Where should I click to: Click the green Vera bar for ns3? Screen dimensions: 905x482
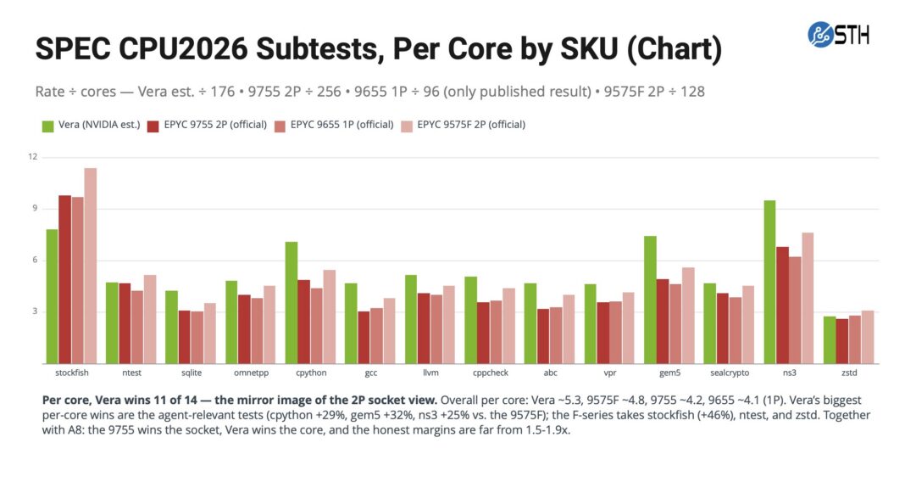pyautogui.click(x=769, y=282)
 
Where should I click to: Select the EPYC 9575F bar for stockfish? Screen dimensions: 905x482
pyautogui.click(x=91, y=266)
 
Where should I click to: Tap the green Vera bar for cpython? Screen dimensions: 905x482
pyautogui.click(x=291, y=303)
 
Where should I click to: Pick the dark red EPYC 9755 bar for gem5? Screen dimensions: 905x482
pyautogui.click(x=663, y=322)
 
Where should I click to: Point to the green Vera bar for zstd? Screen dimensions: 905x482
pyautogui.click(x=830, y=339)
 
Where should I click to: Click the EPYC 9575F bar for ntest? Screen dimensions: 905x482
pyautogui.click(x=150, y=320)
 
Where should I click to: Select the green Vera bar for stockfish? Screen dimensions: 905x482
pyautogui.click(x=52, y=296)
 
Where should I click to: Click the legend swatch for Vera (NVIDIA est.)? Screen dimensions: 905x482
pyautogui.click(x=48, y=126)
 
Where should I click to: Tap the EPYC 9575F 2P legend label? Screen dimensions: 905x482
pyautogui.click(x=471, y=125)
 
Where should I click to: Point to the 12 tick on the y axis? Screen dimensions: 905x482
pyautogui.click(x=32, y=157)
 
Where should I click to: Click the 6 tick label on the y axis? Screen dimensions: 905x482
pyautogui.click(x=35, y=260)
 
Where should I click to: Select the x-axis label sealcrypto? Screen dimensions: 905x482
pyautogui.click(x=730, y=373)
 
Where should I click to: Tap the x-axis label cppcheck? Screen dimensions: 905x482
pyautogui.click(x=491, y=373)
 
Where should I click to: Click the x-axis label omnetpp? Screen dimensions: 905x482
pyautogui.click(x=251, y=373)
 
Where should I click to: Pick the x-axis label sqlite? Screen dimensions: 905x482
pyautogui.click(x=192, y=373)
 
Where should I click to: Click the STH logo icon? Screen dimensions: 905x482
pyautogui.click(x=820, y=35)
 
